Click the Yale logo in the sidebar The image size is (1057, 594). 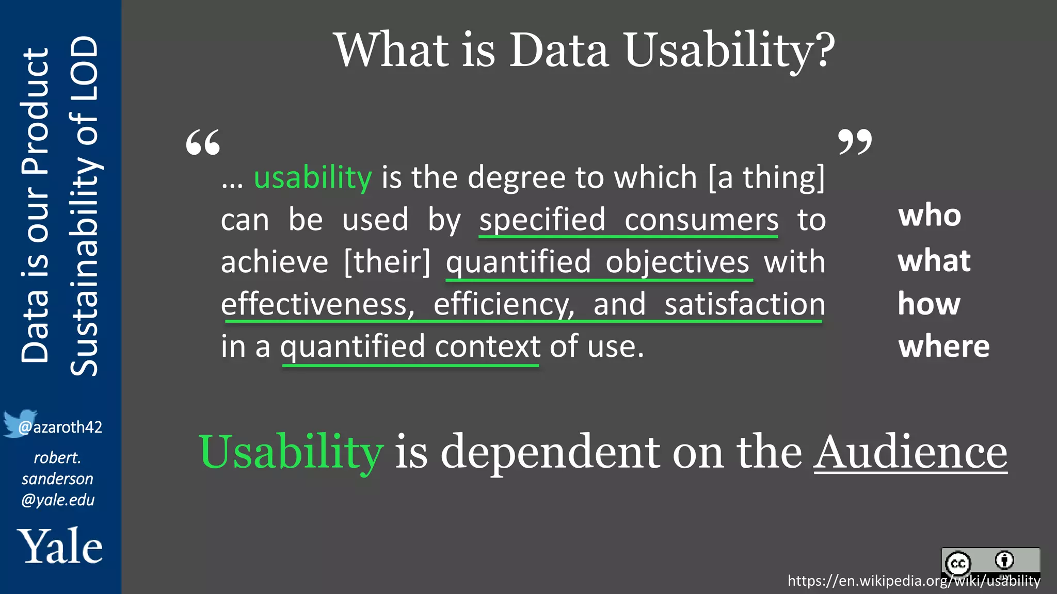(60, 546)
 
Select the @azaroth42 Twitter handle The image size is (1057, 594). (60, 427)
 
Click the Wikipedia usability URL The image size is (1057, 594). (914, 581)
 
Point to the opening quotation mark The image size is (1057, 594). (203, 143)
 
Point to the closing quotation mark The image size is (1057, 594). (855, 142)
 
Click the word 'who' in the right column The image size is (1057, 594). (930, 215)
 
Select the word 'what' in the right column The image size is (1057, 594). (934, 260)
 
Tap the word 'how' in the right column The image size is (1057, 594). (929, 304)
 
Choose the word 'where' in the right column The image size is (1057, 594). (944, 346)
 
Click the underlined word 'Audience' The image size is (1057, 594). (910, 452)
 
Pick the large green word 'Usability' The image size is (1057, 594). (291, 452)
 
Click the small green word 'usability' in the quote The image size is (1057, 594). (313, 178)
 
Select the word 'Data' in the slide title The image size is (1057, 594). (559, 50)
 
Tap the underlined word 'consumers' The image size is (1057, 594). (701, 220)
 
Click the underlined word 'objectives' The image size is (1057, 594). (677, 262)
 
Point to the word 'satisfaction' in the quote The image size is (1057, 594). (745, 304)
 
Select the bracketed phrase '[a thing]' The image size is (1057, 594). (766, 178)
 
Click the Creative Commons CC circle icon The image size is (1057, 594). (958, 563)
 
